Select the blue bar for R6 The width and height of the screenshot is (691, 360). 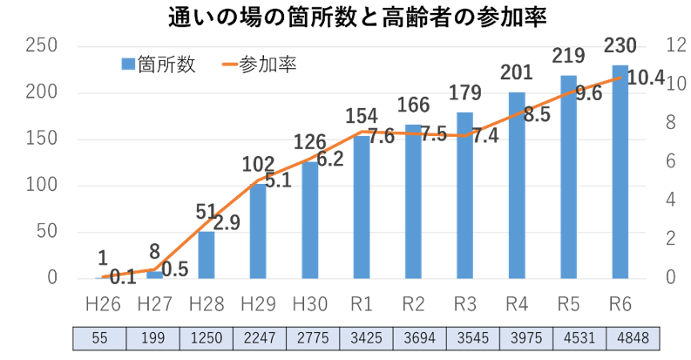point(620,174)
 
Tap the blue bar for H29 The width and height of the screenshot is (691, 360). point(258,231)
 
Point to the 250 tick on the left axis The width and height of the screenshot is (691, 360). point(43,46)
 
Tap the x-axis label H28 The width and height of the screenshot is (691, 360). point(207,303)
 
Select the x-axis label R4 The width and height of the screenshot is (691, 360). point(516,303)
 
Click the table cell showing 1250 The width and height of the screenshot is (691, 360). point(207,338)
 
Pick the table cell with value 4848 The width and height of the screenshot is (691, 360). point(620,338)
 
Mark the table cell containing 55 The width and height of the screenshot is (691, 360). point(103,338)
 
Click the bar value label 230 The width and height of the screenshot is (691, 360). point(620,47)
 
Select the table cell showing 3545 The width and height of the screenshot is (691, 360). point(465,338)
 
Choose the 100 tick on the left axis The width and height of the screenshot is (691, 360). point(43,186)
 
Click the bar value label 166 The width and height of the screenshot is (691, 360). point(413,106)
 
